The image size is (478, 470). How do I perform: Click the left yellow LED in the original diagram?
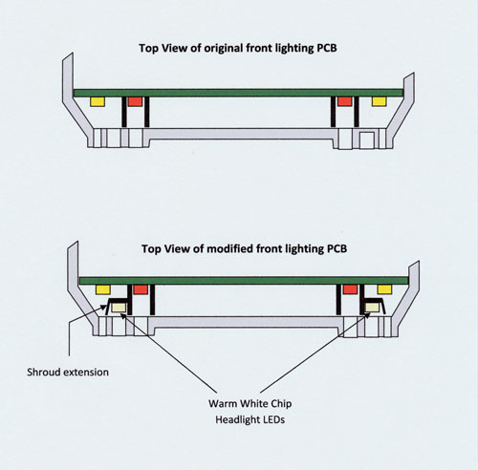98,101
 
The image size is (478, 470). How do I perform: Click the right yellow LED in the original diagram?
380,101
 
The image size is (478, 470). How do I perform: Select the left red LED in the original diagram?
135,101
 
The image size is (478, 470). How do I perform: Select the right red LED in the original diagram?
345,101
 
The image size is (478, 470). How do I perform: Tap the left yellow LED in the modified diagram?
103,289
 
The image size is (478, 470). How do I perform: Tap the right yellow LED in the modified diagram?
384,289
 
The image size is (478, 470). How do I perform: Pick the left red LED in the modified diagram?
141,289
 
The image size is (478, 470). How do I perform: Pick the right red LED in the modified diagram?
350,289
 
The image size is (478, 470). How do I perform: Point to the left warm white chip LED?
119,308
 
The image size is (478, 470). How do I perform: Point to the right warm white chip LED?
372,308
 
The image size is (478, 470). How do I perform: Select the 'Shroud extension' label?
68,373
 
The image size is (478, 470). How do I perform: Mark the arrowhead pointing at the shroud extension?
104,307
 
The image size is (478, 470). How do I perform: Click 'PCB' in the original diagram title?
327,48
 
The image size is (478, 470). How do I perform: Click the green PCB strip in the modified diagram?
244,281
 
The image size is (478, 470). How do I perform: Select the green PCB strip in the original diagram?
238,93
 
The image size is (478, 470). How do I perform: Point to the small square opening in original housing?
367,140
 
